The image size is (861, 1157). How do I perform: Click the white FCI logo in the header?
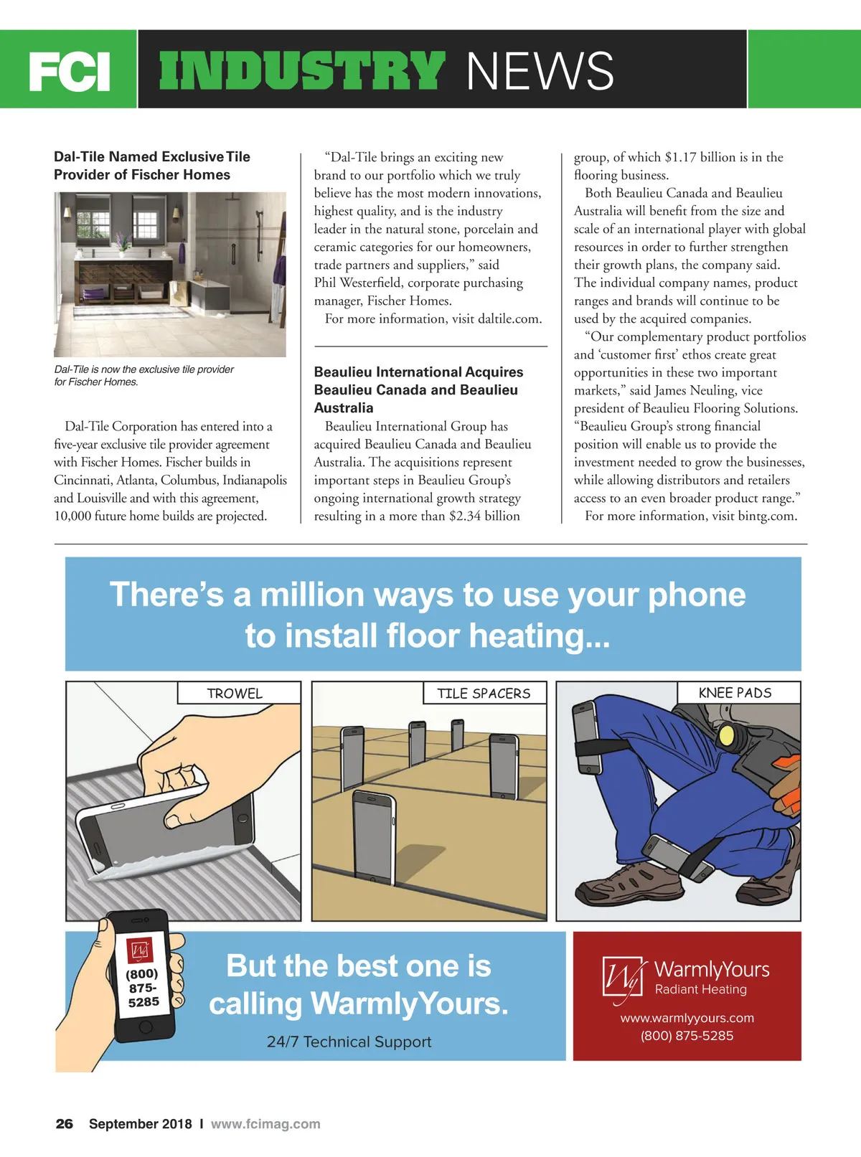69,72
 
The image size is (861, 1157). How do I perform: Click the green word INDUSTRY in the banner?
301,71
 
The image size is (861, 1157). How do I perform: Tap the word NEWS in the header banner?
540,71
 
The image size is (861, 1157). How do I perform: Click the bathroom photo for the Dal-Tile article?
169,274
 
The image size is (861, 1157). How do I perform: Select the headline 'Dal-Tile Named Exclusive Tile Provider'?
152,166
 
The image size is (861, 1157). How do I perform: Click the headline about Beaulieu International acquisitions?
418,389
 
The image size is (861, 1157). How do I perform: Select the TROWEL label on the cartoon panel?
235,693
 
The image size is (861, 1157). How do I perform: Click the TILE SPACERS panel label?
484,693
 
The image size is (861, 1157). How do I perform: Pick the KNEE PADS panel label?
735,692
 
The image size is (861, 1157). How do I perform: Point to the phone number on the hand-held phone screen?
143,987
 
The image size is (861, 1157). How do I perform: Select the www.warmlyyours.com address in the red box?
687,1018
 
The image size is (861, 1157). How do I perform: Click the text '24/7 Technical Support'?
349,1042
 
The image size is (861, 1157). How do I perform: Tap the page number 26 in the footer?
65,1124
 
